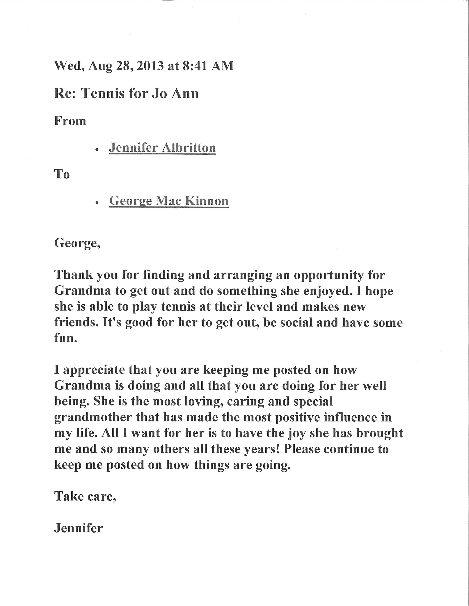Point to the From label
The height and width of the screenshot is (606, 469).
click(x=70, y=121)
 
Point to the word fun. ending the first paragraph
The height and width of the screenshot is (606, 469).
click(x=66, y=338)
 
